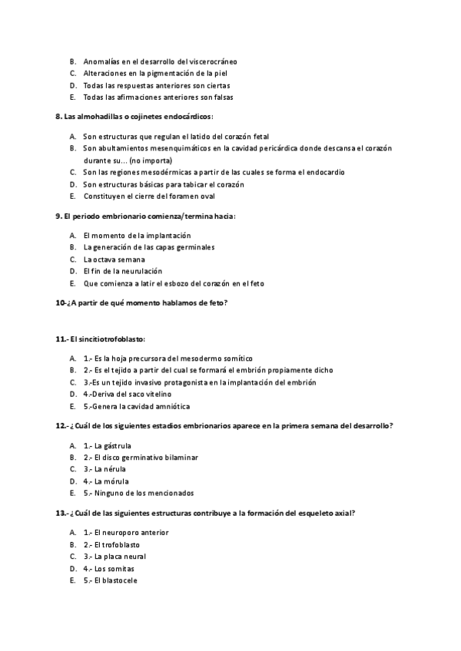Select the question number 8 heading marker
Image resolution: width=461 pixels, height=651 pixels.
click(x=58, y=117)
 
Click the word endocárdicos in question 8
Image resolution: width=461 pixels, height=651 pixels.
click(x=185, y=117)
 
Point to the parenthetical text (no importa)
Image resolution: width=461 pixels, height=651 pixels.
click(x=151, y=160)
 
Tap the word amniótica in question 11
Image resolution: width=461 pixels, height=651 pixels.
click(x=171, y=406)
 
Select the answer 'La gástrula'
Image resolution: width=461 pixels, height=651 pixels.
click(x=108, y=445)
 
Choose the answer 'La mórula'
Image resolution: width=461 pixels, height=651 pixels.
click(x=107, y=481)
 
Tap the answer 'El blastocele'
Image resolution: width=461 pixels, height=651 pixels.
click(x=111, y=580)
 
